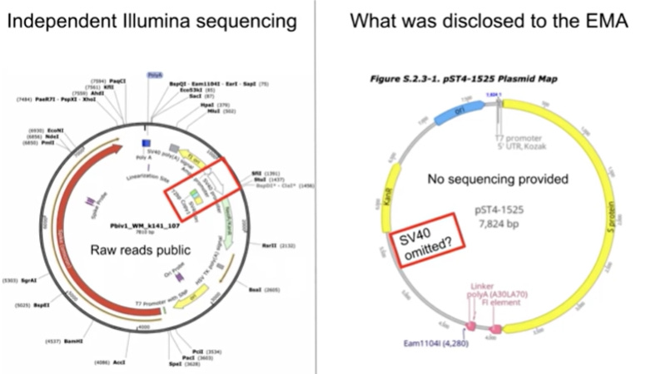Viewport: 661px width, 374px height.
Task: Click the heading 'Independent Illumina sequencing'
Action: pyautogui.click(x=151, y=19)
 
